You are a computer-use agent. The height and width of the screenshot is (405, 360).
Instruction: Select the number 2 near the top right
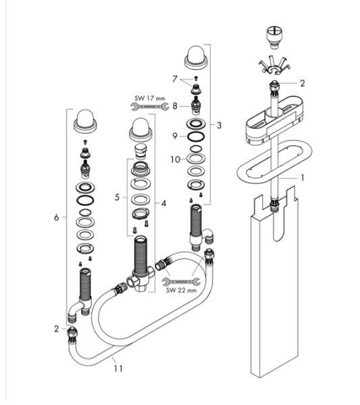point(302,83)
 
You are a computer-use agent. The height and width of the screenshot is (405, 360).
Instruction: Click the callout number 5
point(117,198)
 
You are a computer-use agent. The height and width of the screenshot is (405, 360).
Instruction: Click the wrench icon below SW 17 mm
point(150,106)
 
